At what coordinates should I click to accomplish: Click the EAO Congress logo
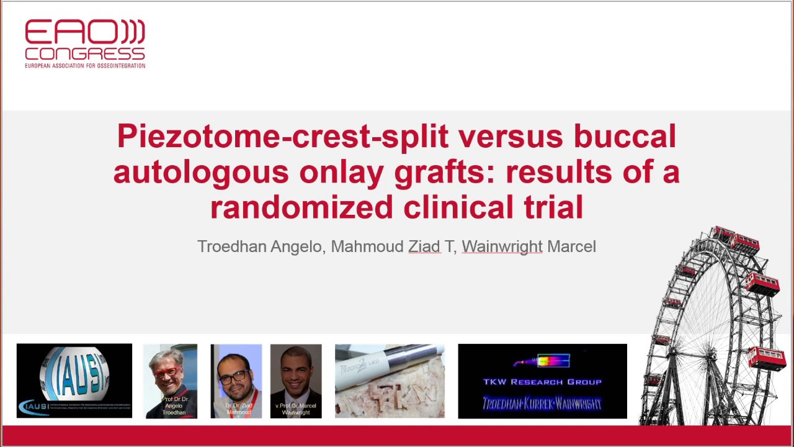[x=85, y=43]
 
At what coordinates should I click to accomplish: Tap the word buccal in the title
[x=624, y=136]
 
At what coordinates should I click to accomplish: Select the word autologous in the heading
[x=200, y=172]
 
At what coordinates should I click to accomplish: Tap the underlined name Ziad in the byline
[x=424, y=246]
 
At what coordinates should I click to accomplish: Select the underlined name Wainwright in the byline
[x=502, y=246]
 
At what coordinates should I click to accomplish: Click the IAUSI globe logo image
[x=74, y=381]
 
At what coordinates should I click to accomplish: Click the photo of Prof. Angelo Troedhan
[x=171, y=381]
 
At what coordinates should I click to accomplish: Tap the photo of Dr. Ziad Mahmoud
[x=236, y=381]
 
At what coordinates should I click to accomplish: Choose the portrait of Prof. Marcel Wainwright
[x=296, y=381]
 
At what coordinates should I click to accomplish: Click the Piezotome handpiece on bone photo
[x=390, y=381]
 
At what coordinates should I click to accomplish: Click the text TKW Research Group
[x=542, y=382]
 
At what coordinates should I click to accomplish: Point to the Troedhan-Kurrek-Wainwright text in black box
[x=542, y=404]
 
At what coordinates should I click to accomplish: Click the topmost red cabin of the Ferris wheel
[x=723, y=234]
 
